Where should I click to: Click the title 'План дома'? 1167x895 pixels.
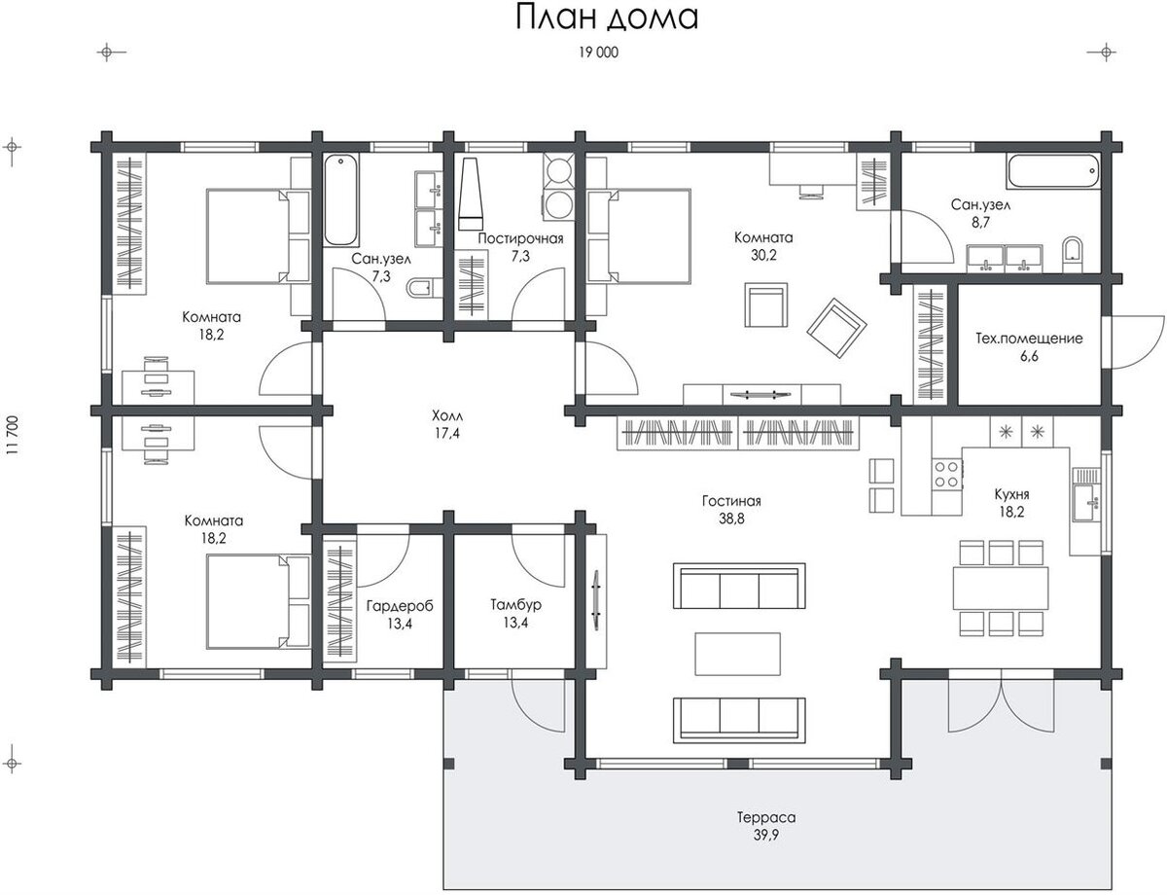click(606, 18)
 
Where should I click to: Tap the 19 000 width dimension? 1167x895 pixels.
click(598, 53)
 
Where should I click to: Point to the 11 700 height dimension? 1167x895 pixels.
click(12, 435)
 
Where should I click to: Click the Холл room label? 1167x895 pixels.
click(446, 415)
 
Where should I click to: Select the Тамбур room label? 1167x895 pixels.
click(515, 605)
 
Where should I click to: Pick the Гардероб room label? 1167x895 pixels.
click(400, 606)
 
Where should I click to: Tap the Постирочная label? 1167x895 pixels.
click(520, 238)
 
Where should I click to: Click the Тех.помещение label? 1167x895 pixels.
click(1029, 339)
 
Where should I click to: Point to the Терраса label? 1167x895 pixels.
click(765, 817)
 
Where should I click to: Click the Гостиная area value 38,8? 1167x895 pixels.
click(731, 519)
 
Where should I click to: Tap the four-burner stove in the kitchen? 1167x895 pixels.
click(947, 474)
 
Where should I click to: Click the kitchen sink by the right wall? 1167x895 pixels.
click(1085, 502)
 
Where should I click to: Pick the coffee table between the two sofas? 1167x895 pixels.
click(737, 654)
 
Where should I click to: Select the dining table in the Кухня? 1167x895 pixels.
click(1001, 588)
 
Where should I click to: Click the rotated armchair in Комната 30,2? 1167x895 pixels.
click(836, 328)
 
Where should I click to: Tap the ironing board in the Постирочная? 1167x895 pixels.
click(472, 195)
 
